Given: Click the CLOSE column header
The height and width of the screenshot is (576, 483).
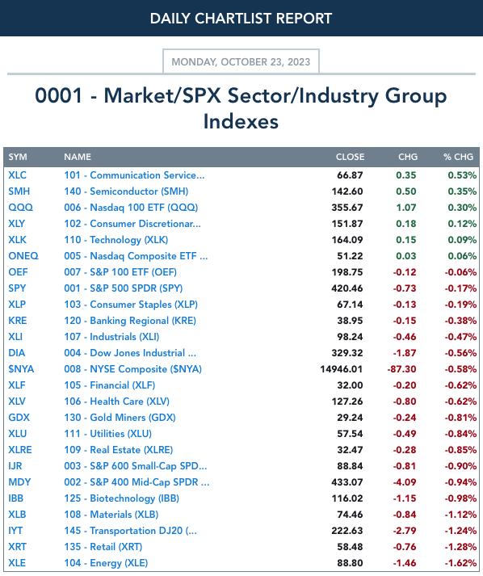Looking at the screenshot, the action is [350, 157].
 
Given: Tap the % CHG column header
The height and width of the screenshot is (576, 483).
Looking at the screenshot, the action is [458, 157].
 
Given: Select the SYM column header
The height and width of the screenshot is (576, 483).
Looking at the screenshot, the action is [18, 157].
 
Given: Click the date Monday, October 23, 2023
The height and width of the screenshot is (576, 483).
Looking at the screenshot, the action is [241, 61].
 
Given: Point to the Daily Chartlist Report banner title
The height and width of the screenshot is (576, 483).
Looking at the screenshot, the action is [241, 19].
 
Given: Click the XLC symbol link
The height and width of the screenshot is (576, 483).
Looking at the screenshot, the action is [17, 175].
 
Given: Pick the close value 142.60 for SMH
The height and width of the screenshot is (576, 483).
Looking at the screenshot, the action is [347, 191].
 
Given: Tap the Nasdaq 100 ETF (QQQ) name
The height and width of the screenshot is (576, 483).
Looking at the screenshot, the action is [131, 208].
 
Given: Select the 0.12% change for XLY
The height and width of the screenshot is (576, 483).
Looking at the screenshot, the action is [462, 224].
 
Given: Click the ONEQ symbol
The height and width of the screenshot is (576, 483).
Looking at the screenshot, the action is [23, 256].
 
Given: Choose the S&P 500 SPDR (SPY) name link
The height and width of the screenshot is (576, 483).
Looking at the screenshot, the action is [124, 288].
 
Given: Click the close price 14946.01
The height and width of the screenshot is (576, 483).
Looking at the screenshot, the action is [341, 369].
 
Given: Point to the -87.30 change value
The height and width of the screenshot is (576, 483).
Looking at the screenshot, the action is [401, 369].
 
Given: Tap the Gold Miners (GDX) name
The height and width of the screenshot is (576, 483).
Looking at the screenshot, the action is [120, 418].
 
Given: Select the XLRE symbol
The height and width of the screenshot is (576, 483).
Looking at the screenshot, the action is [20, 450].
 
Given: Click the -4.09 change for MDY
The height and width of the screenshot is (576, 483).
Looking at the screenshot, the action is [405, 482].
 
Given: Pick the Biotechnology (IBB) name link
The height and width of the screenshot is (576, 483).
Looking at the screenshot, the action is [122, 498].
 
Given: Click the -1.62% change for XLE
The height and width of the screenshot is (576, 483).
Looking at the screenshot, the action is [460, 563].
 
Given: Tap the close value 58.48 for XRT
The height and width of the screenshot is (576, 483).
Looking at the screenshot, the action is [350, 547].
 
